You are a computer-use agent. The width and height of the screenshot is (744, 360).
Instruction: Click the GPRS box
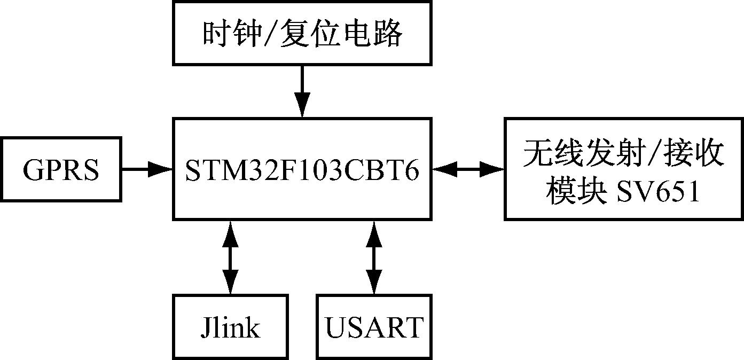61,169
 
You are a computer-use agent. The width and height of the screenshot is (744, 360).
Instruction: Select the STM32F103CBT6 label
302,169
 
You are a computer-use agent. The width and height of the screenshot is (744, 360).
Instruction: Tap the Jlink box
231,326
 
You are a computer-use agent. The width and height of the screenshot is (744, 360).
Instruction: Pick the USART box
374,326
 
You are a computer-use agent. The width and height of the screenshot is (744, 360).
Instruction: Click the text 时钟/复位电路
302,34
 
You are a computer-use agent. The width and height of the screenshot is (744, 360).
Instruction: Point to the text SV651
658,192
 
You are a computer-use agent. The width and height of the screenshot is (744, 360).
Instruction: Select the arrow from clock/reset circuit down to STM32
302,91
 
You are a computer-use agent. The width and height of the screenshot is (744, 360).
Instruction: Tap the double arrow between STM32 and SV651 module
468,169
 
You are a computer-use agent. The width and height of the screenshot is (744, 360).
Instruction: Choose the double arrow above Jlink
231,257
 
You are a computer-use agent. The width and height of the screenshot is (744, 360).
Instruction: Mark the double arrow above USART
374,257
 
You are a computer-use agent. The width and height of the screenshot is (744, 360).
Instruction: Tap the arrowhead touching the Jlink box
231,283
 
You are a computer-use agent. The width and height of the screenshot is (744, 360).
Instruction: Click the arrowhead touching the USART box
374,283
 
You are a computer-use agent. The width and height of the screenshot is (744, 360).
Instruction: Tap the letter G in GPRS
33,170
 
